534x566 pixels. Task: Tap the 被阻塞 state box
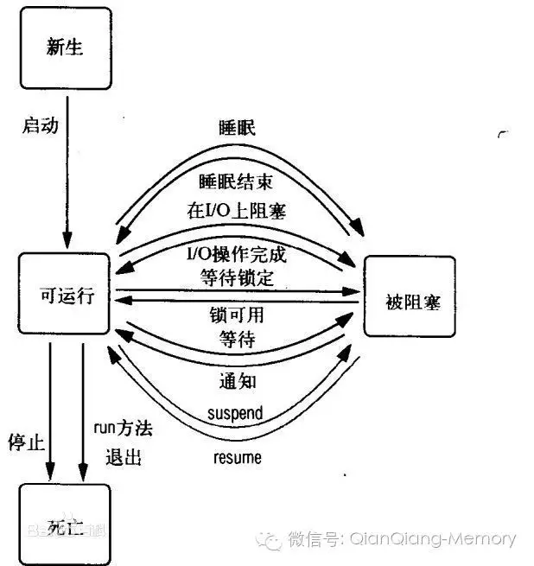[x=408, y=302]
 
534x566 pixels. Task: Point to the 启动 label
[x=39, y=125]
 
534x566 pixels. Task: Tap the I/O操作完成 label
[x=236, y=254]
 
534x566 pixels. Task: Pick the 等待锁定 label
[x=236, y=277]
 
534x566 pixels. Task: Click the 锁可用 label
[x=236, y=315]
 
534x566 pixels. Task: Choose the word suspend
[x=235, y=413]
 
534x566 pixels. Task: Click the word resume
[x=237, y=457]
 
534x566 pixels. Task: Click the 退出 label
[x=123, y=455]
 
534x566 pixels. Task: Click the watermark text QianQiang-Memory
[x=432, y=539]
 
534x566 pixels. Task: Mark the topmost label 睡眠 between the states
[x=237, y=127]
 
